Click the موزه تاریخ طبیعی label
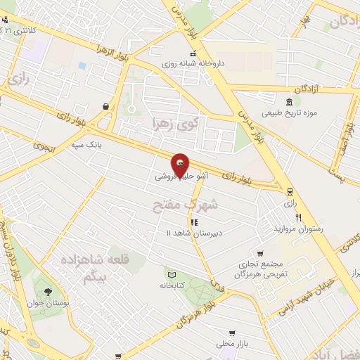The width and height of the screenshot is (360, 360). [x=290, y=112]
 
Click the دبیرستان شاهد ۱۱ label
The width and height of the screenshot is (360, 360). [x=193, y=233]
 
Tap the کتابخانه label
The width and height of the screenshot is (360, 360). [x=172, y=286]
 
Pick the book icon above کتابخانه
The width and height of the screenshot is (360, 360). [x=171, y=274]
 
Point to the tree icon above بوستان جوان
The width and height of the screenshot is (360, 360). [x=47, y=291]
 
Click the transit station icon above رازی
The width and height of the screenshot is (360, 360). [x=289, y=191]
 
